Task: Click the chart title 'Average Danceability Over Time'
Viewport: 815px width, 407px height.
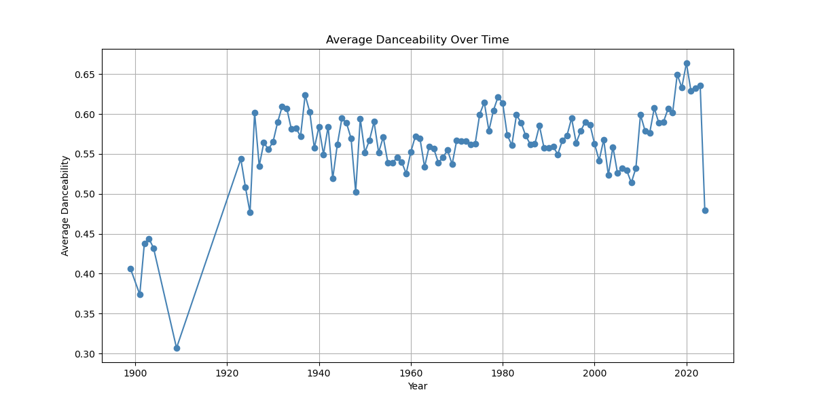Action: pyautogui.click(x=417, y=40)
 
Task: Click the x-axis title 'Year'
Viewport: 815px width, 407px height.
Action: pyautogui.click(x=417, y=387)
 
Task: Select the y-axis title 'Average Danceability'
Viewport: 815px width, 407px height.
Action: pyautogui.click(x=65, y=206)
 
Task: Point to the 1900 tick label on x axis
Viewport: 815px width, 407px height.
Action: pyautogui.click(x=135, y=372)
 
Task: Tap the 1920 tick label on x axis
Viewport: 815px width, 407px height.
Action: pyautogui.click(x=227, y=372)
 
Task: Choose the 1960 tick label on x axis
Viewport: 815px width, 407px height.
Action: pyautogui.click(x=411, y=372)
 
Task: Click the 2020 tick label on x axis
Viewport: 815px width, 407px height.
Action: pyautogui.click(x=687, y=372)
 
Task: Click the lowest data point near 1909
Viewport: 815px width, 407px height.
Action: pyautogui.click(x=177, y=348)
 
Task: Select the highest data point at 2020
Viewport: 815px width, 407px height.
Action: pyautogui.click(x=687, y=63)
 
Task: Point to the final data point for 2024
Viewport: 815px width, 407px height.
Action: pyautogui.click(x=705, y=210)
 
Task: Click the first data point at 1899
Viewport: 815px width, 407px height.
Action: pyautogui.click(x=130, y=269)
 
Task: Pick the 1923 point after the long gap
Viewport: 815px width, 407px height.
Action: pyautogui.click(x=241, y=159)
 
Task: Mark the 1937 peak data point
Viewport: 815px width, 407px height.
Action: pyautogui.click(x=305, y=95)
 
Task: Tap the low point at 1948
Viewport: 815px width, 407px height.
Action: pyautogui.click(x=356, y=192)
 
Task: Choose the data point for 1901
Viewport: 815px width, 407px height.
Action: pyautogui.click(x=140, y=294)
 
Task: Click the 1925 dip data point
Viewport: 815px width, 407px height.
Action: pyautogui.click(x=250, y=212)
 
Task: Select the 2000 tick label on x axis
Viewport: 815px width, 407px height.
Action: pyautogui.click(x=594, y=372)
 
